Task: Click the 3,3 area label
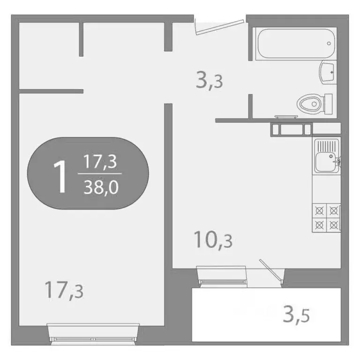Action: [209, 82]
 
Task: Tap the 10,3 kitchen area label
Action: [213, 241]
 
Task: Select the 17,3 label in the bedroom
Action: [64, 290]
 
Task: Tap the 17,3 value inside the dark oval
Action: [100, 163]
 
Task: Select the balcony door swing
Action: [272, 272]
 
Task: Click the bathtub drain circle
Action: [329, 43]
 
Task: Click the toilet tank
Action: [329, 103]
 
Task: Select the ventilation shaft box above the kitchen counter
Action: [291, 129]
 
